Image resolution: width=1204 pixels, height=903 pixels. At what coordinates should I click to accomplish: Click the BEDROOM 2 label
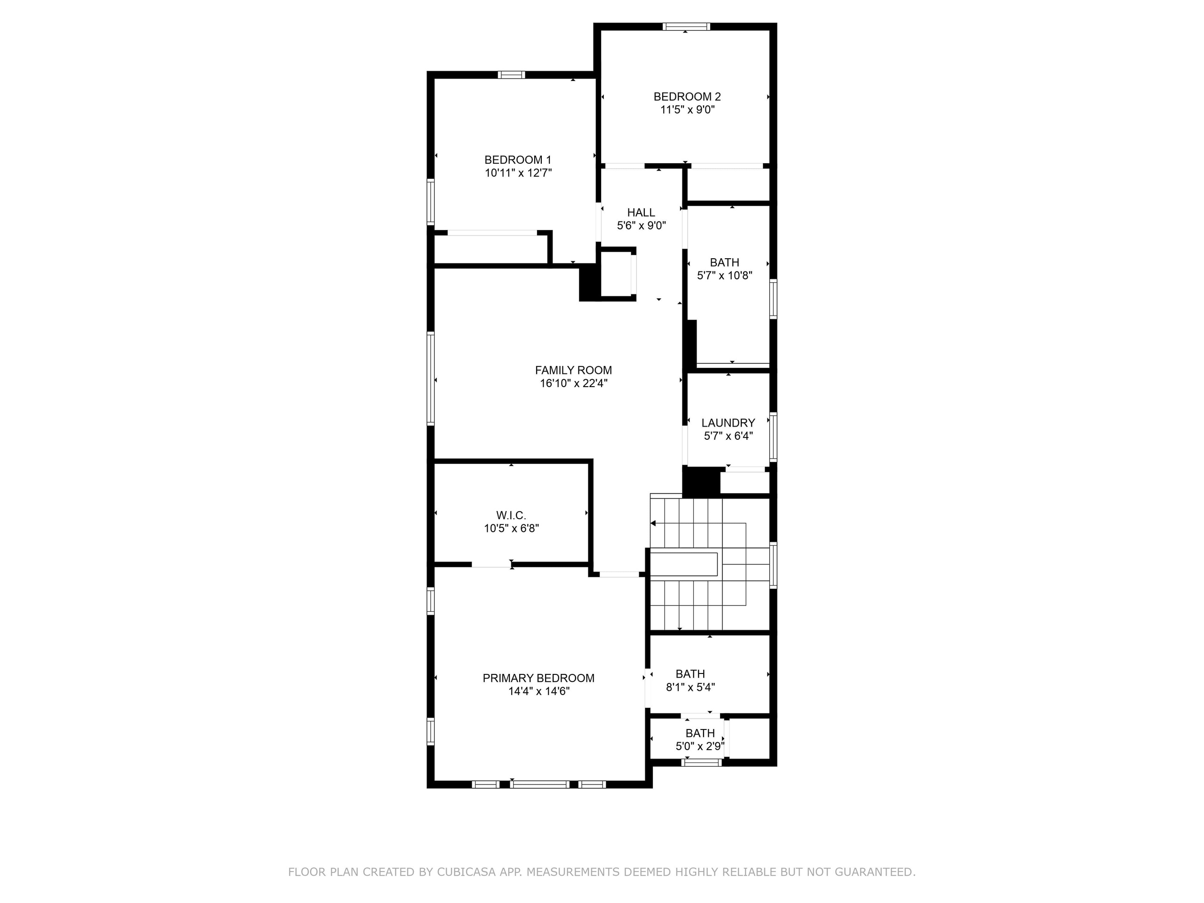pos(687,96)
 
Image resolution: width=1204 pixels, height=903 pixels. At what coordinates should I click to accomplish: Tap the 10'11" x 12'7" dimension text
pos(518,173)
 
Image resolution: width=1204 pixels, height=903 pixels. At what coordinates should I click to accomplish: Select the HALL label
pos(641,212)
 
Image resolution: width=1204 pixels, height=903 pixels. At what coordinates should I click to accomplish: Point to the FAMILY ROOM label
pos(573,370)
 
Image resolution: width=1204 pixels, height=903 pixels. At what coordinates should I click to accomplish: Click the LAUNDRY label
pos(728,423)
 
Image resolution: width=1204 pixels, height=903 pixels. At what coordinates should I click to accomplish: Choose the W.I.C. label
pos(511,515)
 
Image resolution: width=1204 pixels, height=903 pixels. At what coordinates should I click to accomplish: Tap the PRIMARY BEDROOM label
pos(539,678)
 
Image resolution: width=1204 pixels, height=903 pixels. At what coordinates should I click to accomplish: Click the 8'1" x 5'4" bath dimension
pos(690,688)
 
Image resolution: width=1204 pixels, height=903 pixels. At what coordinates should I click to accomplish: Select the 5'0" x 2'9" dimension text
pos(700,746)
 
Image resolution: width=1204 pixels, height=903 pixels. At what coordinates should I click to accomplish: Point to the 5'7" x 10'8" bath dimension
pos(724,276)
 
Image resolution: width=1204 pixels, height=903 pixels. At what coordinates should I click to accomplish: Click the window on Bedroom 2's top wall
pos(686,26)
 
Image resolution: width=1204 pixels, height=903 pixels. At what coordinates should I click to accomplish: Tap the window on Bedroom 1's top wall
pos(512,75)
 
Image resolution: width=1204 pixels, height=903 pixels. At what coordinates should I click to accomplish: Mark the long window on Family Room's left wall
pos(430,378)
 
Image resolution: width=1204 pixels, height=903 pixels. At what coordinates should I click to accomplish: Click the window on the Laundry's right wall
pos(773,437)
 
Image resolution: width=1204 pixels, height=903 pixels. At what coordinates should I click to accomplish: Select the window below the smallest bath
pos(702,762)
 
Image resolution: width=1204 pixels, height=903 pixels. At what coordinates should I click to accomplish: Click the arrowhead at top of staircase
pos(653,523)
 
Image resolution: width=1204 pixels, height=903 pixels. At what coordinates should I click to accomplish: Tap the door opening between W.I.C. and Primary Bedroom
pos(491,565)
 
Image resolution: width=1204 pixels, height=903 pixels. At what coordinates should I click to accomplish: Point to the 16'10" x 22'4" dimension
pos(573,383)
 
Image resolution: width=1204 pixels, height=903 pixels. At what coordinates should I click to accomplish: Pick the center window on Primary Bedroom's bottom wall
pos(539,784)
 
